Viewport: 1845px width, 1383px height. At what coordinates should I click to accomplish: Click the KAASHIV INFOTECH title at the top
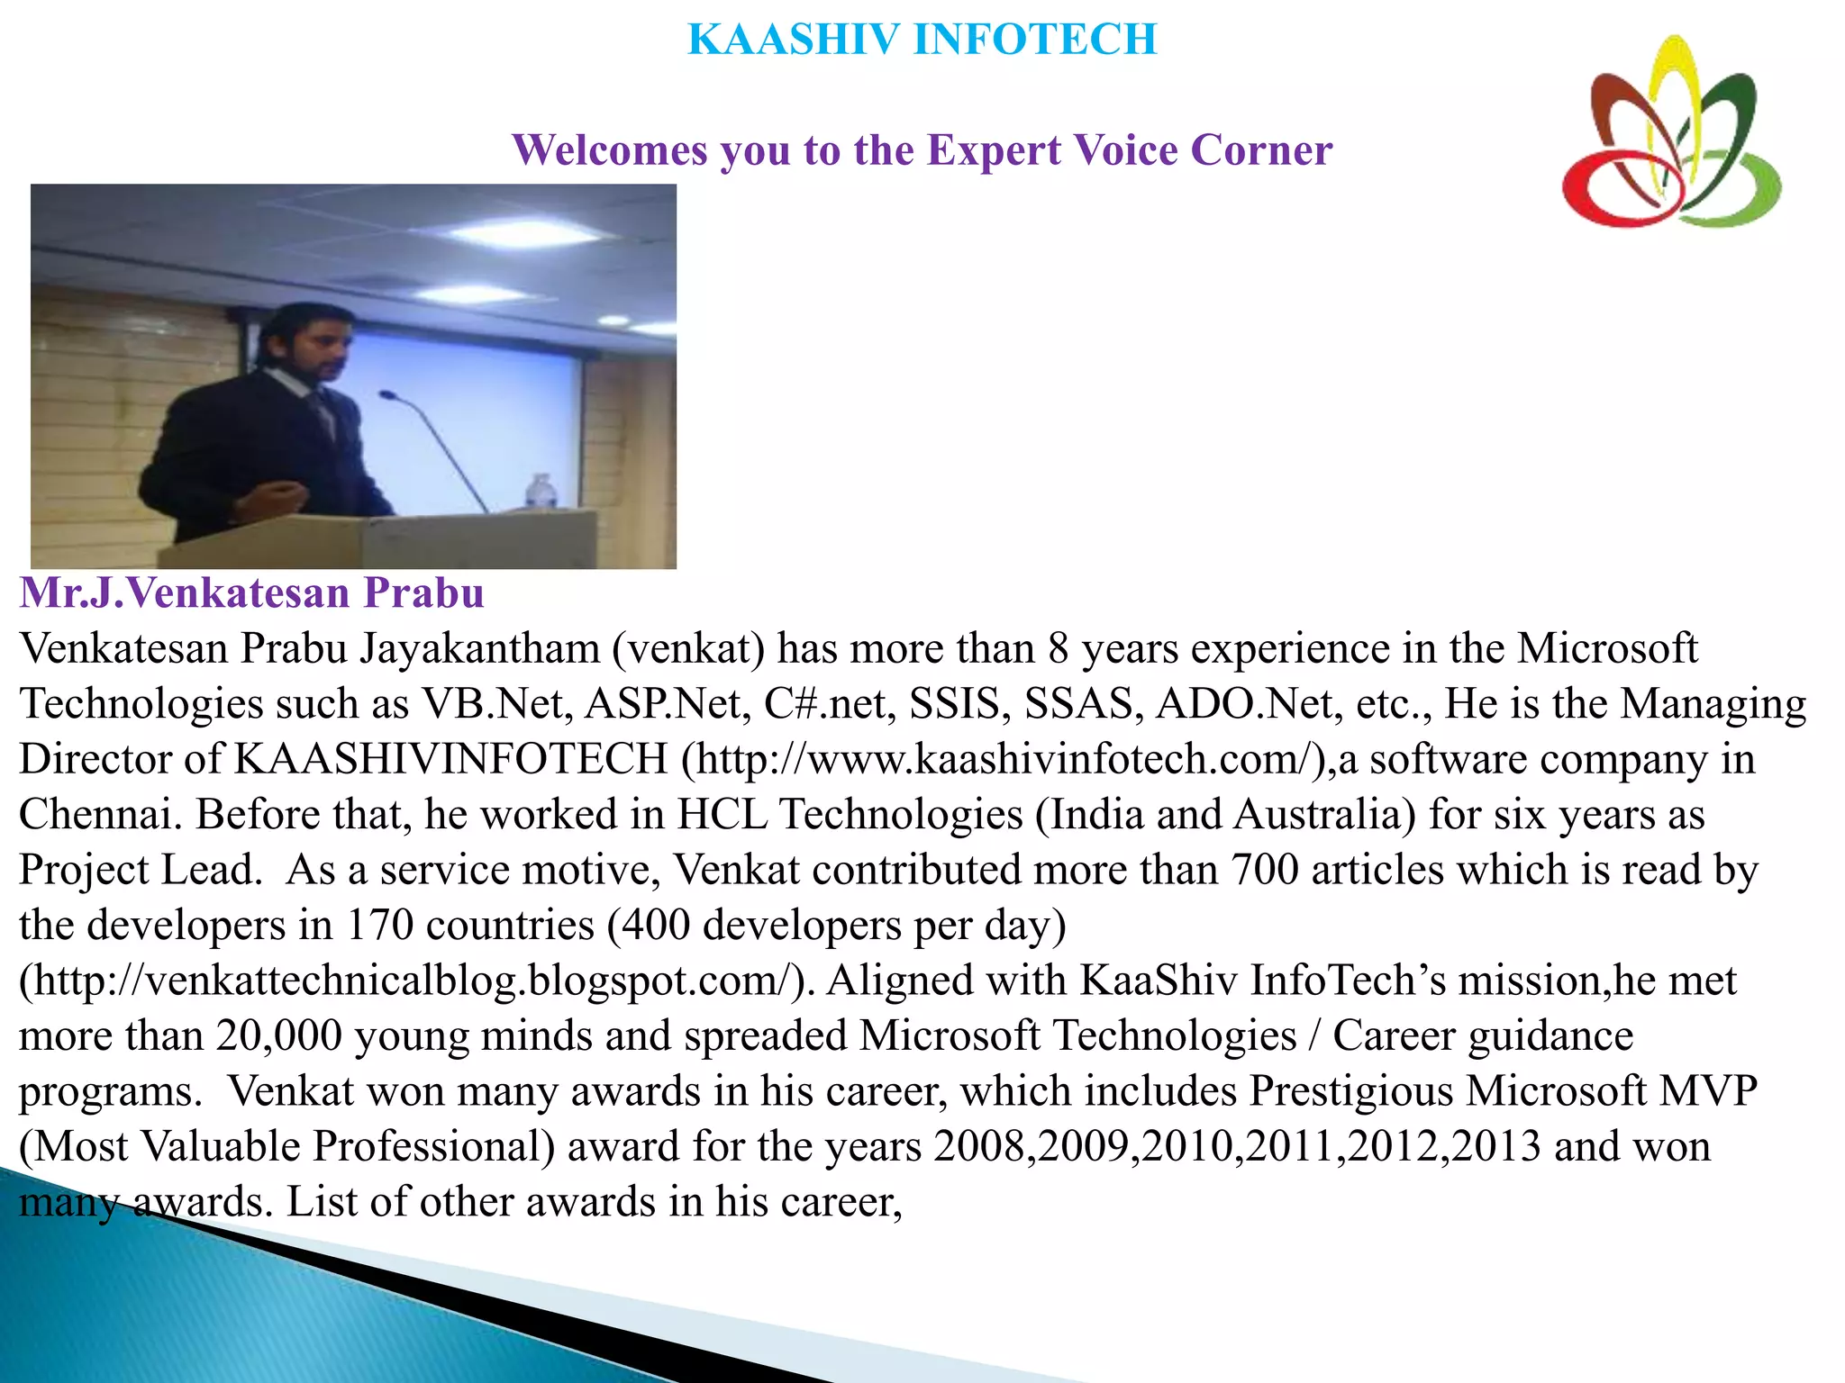pyautogui.click(x=922, y=40)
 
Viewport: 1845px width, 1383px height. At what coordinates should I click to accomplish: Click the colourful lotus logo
pyautogui.click(x=1671, y=135)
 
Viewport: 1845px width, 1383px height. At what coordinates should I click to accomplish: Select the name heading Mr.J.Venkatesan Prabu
pyautogui.click(x=252, y=593)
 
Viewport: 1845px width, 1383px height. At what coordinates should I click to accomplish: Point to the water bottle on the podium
pyautogui.click(x=541, y=493)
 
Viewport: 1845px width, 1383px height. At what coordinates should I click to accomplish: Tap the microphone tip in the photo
pyautogui.click(x=386, y=395)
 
